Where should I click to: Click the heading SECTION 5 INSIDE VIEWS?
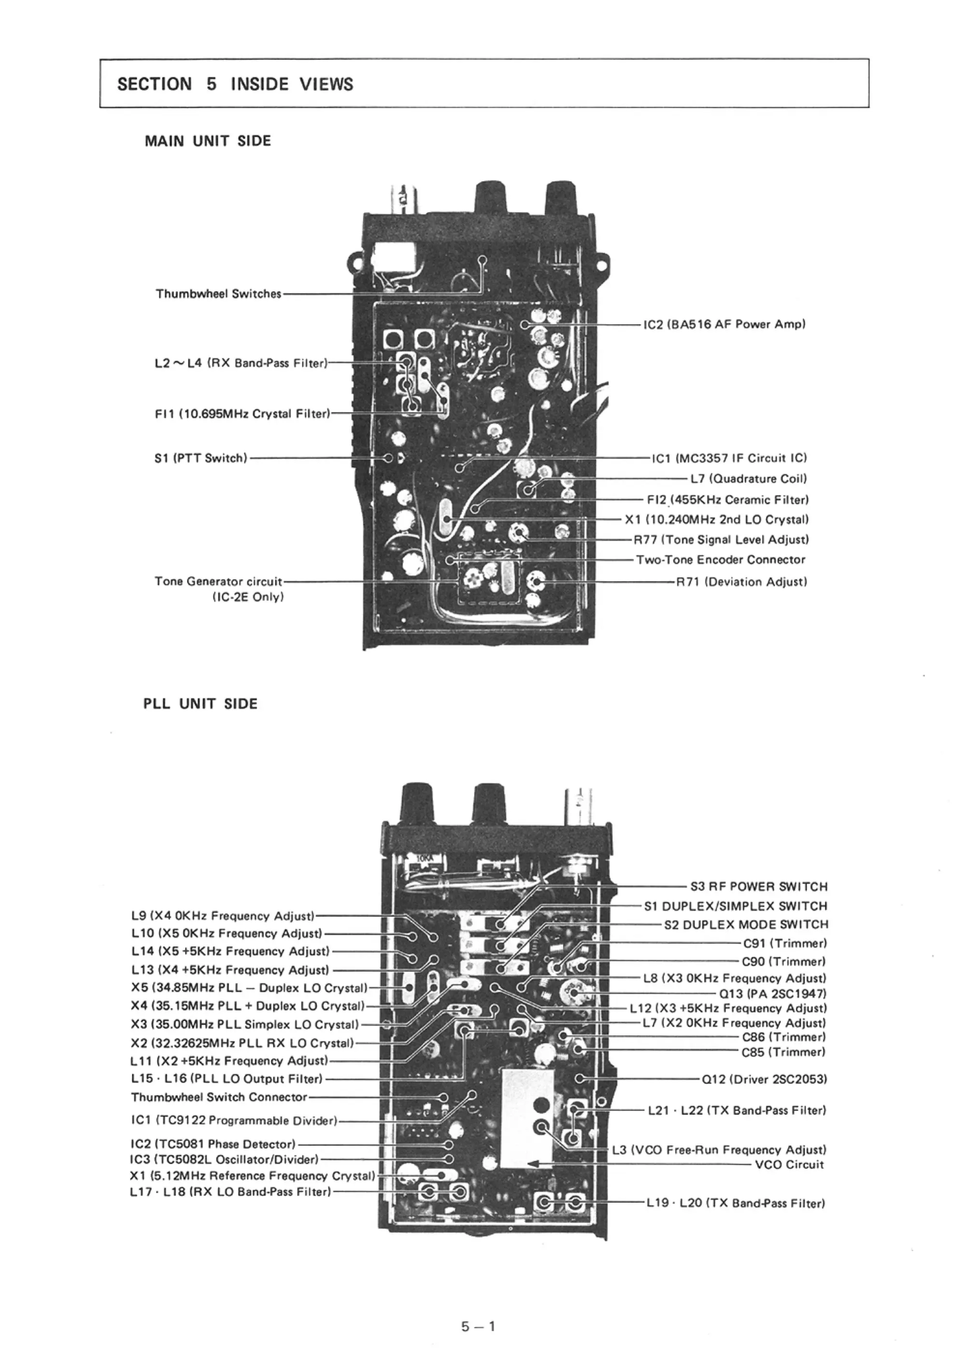[235, 84]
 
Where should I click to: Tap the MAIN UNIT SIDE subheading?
[208, 141]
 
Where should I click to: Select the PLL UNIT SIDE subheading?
[200, 704]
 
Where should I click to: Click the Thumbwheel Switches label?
[218, 294]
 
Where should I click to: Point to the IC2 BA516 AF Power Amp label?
[724, 324]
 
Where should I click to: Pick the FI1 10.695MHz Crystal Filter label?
[241, 413]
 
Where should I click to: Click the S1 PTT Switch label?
[200, 458]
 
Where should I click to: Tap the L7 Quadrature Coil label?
[748, 479]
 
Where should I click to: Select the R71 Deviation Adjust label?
[741, 582]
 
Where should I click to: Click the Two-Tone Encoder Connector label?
[720, 560]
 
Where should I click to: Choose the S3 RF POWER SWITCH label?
[758, 887]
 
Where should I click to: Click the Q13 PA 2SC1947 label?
[773, 994]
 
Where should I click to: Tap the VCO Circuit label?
[789, 1165]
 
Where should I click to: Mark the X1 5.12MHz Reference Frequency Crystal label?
[252, 1176]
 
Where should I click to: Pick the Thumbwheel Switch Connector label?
[219, 1097]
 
